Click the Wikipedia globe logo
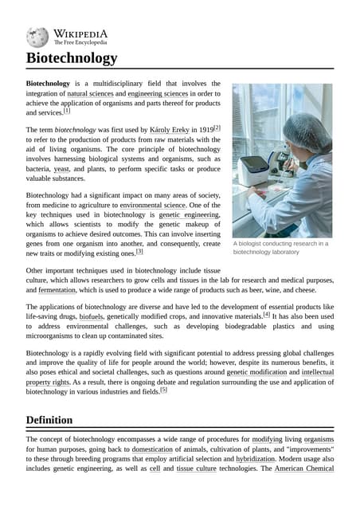tap(37, 37)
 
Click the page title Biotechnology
tap(72, 58)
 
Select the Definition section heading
tap(49, 420)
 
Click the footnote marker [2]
tap(216, 127)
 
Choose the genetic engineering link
tap(189, 215)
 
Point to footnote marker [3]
tap(139, 251)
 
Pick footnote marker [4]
tap(266, 315)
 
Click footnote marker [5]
tap(163, 390)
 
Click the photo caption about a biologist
tap(280, 247)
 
